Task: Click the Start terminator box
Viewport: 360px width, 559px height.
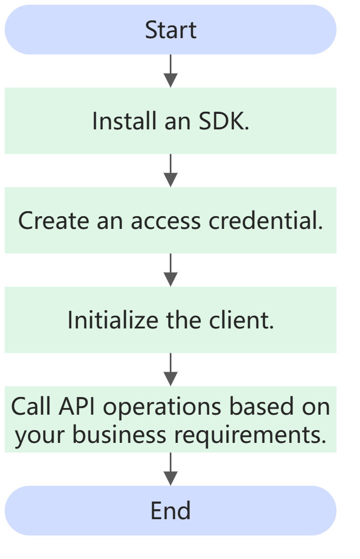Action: coord(170,30)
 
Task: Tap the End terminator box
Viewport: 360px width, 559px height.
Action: coord(170,510)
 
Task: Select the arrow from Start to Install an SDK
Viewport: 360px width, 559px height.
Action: coord(171,71)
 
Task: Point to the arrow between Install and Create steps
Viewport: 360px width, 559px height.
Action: coord(171,170)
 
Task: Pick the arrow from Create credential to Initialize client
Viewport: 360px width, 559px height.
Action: coord(171,270)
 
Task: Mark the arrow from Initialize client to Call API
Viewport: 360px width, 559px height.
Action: coord(171,369)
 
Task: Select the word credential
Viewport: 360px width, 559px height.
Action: coord(266,221)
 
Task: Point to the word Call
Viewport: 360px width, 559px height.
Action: coord(31,407)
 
